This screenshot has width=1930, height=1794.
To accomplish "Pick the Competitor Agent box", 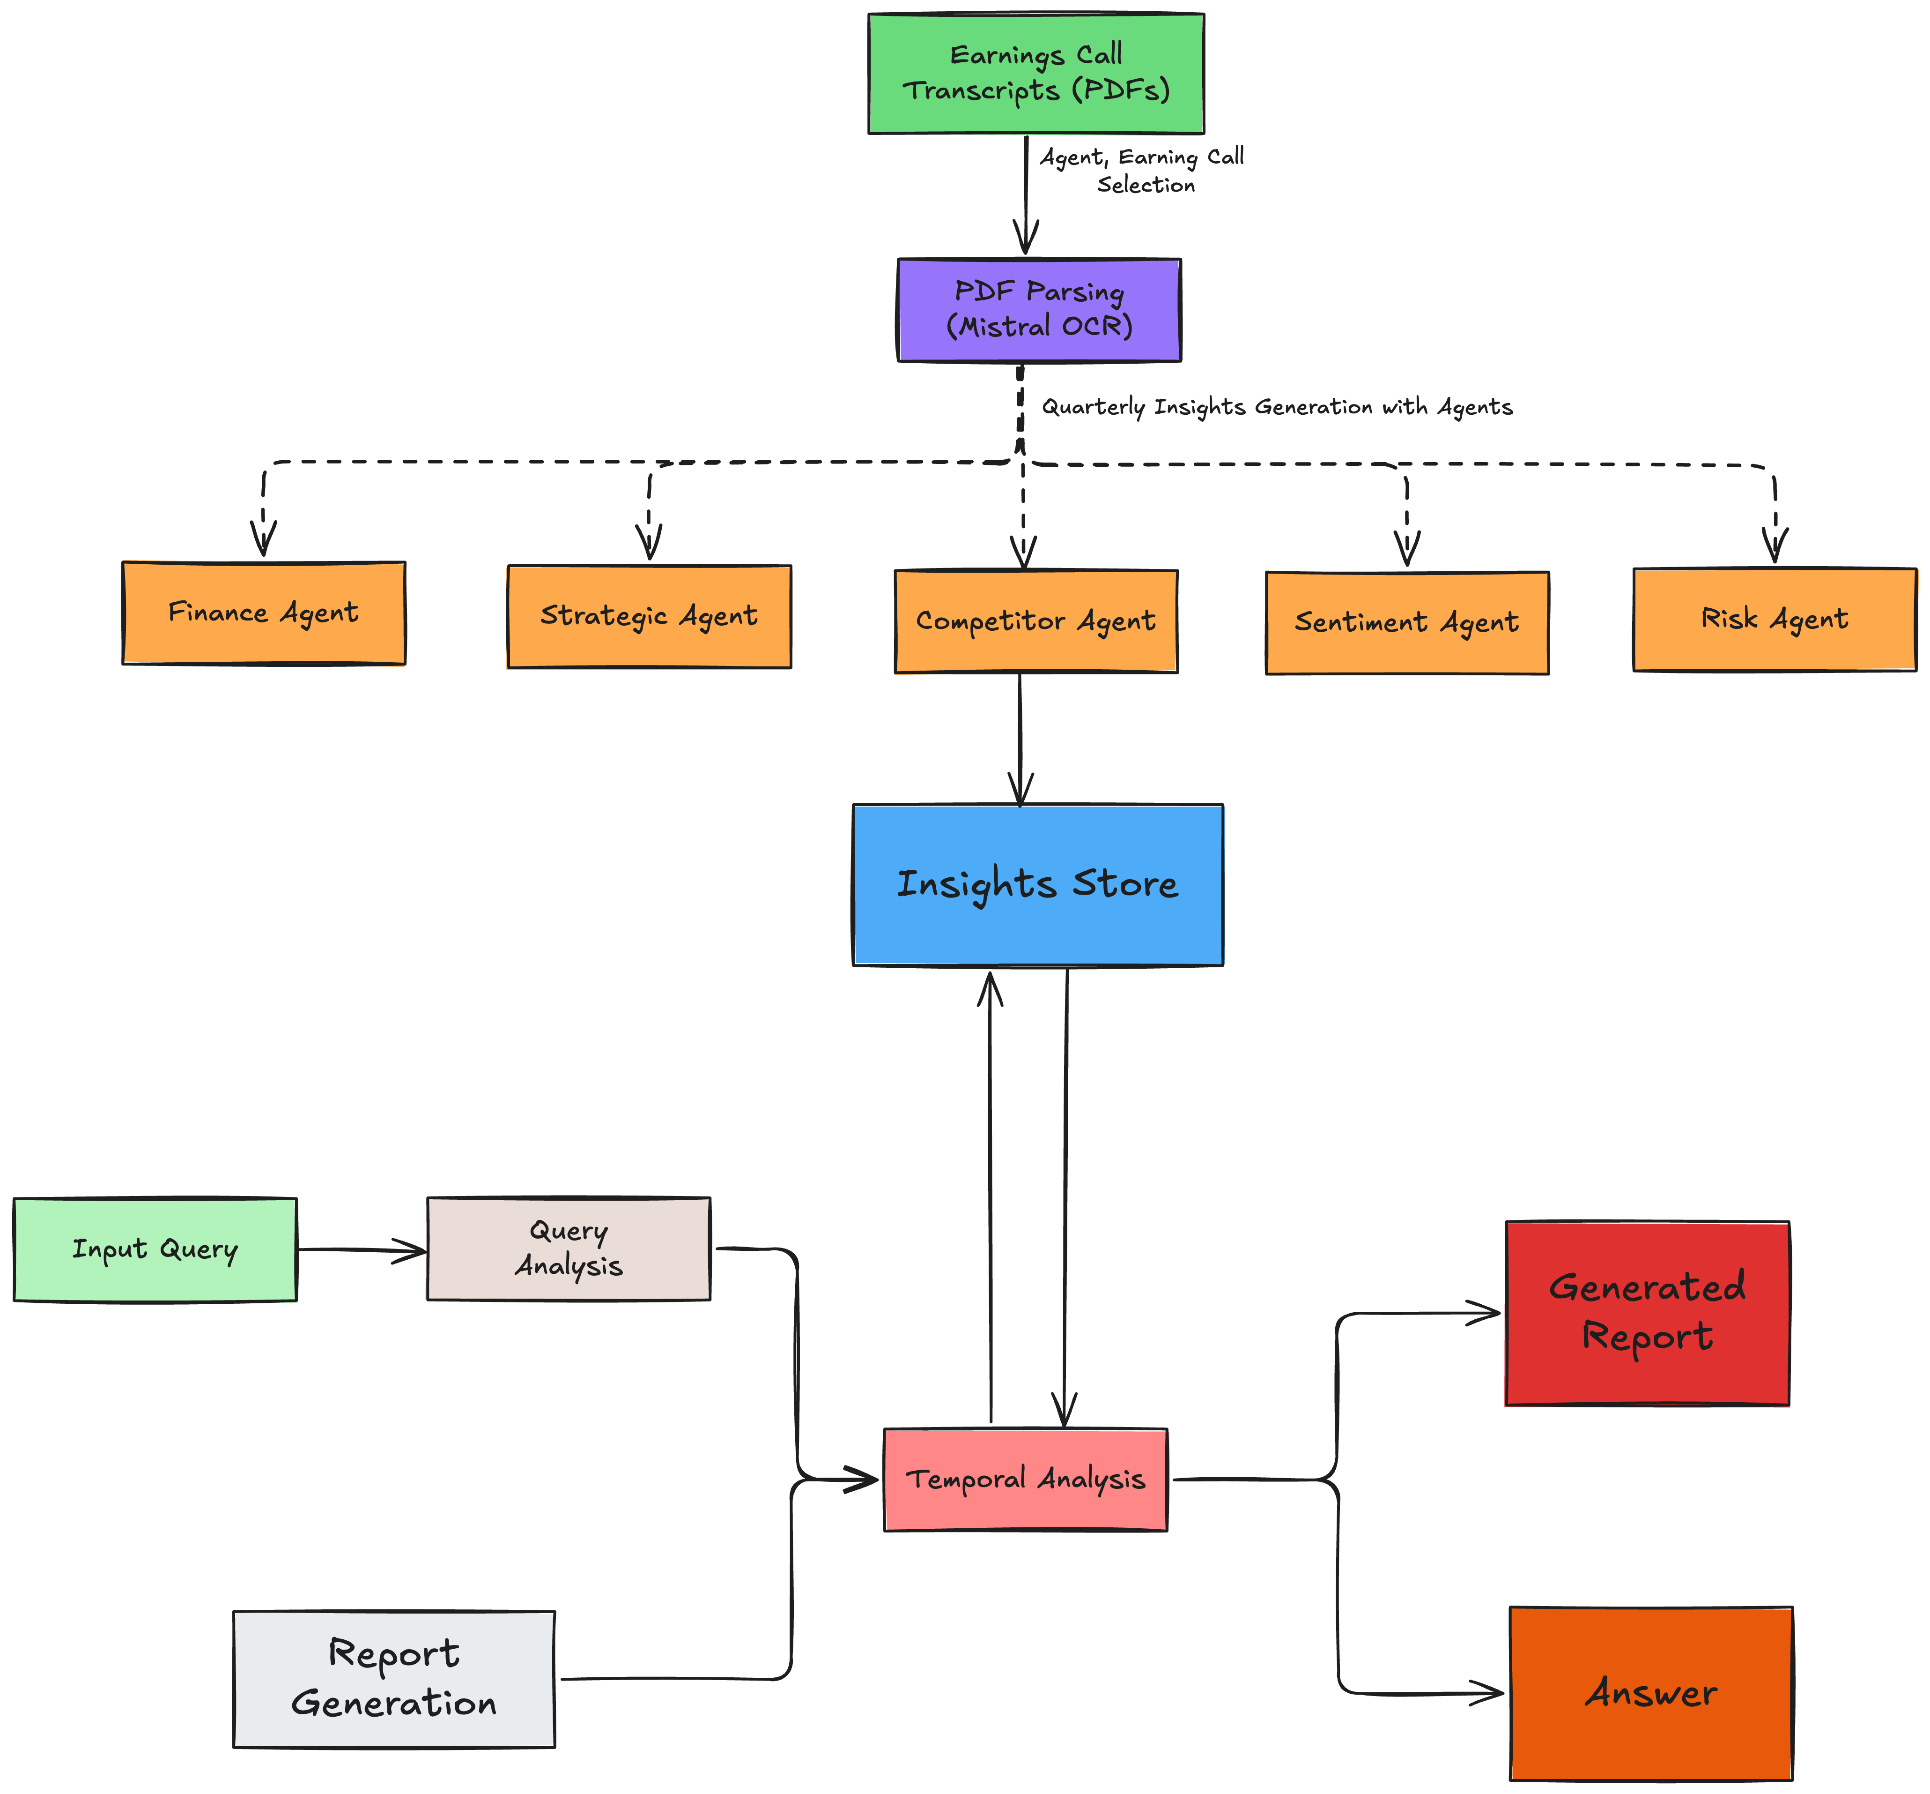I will pyautogui.click(x=1035, y=621).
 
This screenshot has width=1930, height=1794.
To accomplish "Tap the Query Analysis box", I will pyautogui.click(x=569, y=1248).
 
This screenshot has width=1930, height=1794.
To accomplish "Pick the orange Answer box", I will pyautogui.click(x=1650, y=1693).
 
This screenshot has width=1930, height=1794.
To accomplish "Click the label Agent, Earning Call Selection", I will pyautogui.click(x=1142, y=170).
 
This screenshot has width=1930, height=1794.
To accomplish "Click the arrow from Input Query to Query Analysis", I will pyautogui.click(x=361, y=1250).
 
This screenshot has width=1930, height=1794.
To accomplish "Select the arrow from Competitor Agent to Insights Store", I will pyautogui.click(x=1020, y=738).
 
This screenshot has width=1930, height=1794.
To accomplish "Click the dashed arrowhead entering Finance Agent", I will pyautogui.click(x=263, y=539).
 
